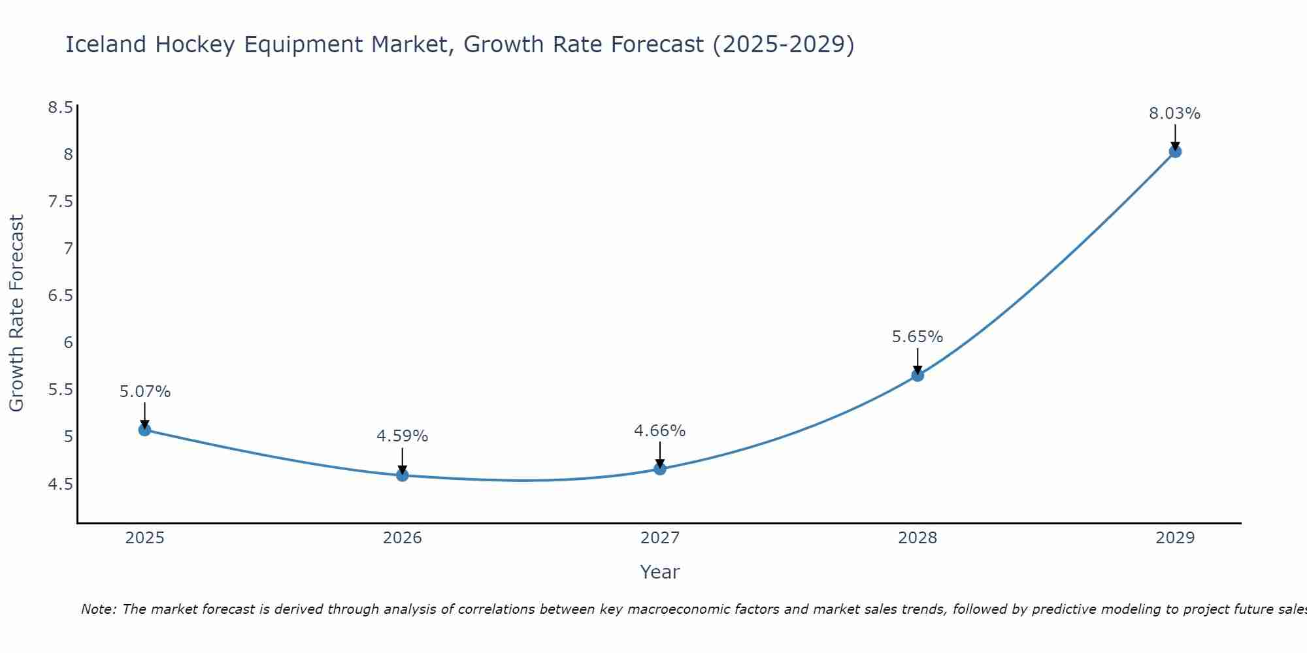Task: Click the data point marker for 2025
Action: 144,430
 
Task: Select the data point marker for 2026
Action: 403,475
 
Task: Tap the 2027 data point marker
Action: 660,469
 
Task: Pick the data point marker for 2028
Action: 918,375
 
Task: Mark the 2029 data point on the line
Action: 1175,151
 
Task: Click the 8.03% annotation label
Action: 1175,114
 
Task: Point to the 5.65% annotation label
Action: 918,337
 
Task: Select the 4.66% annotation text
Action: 660,431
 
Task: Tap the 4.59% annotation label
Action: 403,436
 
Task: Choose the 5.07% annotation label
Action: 145,392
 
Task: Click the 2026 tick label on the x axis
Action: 403,538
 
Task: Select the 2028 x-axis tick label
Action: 918,538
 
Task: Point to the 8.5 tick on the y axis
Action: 60,108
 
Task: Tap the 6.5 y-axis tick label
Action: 60,296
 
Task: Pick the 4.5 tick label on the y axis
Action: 60,484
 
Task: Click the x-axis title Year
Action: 660,572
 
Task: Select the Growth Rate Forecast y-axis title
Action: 17,313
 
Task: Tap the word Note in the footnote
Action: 98,609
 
